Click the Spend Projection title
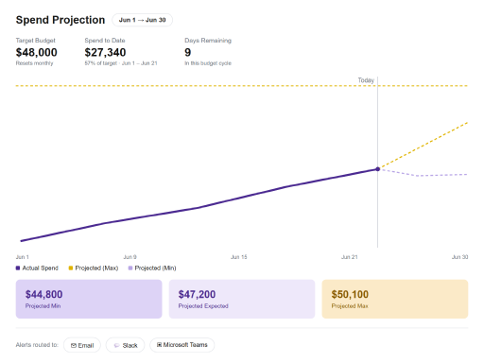(x=60, y=20)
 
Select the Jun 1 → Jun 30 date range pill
(x=142, y=20)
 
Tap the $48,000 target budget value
(x=37, y=52)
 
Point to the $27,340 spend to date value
(x=105, y=52)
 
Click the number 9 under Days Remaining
(x=188, y=52)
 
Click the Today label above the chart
(x=366, y=80)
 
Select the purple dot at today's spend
(x=377, y=169)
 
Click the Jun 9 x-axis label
(x=130, y=257)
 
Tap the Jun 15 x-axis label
(x=239, y=257)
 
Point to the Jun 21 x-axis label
(x=350, y=257)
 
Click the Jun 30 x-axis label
(x=459, y=257)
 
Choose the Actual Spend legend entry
(x=37, y=268)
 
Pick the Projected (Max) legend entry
(x=94, y=268)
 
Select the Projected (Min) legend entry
(x=152, y=268)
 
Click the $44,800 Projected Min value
(x=43, y=294)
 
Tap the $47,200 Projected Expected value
(x=197, y=294)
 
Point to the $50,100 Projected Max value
(x=350, y=294)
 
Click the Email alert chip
(x=82, y=345)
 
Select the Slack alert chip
(x=125, y=345)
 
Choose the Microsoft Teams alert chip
(x=182, y=345)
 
